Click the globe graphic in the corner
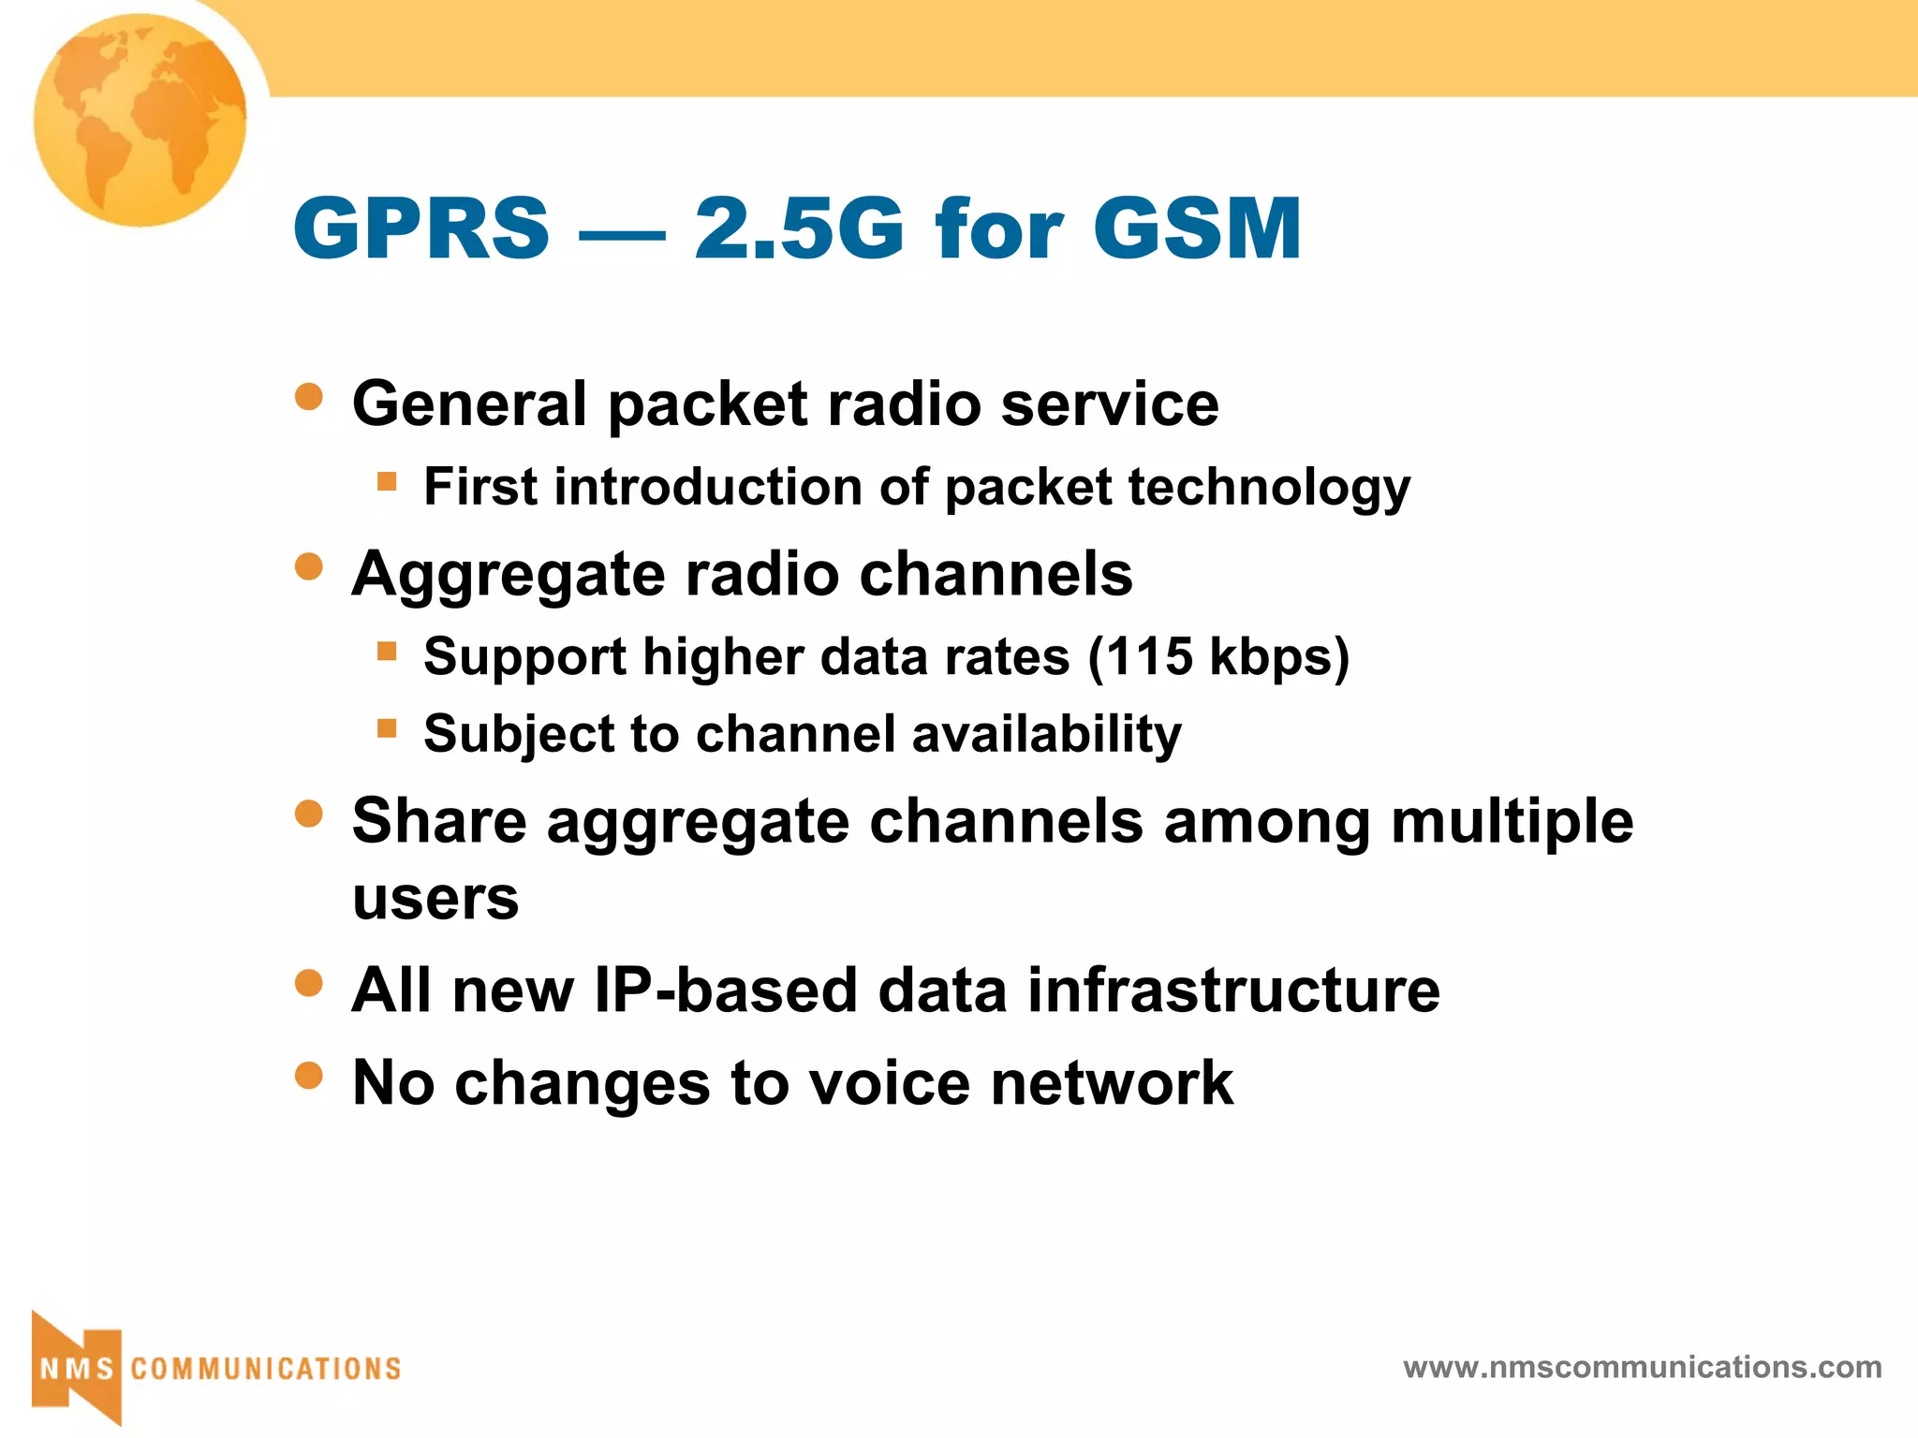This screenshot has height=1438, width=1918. coord(140,120)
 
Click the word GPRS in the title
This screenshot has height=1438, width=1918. coord(421,228)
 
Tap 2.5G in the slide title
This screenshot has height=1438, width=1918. coord(799,228)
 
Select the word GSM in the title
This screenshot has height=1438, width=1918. coord(1197,228)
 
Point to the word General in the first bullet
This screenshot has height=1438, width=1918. coord(470,404)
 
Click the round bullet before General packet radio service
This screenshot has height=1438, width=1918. coord(308,396)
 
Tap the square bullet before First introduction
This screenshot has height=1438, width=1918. coord(387,481)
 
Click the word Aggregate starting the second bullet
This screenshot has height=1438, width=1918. coord(508,574)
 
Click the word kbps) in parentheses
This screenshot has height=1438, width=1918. coord(1279,658)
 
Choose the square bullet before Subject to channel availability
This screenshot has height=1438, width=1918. coord(387,727)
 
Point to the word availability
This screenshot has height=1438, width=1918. coord(1046,734)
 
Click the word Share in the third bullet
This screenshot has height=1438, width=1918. coord(439,821)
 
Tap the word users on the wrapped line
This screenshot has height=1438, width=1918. coord(435,899)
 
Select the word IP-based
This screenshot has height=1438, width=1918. coord(726,990)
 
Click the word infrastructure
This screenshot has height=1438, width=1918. coord(1233,990)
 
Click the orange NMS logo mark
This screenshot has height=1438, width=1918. coord(77,1368)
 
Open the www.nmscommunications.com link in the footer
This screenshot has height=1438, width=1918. coord(1642,1368)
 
